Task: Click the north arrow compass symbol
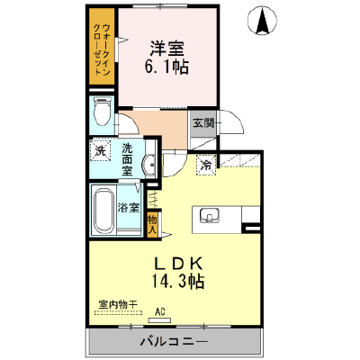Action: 262,21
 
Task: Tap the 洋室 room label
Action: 166,49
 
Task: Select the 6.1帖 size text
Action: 166,67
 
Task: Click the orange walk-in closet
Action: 102,47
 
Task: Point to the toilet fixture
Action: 102,112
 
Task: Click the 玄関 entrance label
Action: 203,122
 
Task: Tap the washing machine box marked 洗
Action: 101,151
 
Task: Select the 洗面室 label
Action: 127,159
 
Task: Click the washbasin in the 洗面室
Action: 149,165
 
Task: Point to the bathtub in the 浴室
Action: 103,211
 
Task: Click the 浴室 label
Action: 129,208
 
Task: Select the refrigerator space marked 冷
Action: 206,165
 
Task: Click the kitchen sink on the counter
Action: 210,216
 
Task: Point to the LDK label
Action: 179,264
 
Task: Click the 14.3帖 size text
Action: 178,282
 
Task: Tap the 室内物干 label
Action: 118,305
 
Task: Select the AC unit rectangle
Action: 159,320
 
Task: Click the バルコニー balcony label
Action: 175,341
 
